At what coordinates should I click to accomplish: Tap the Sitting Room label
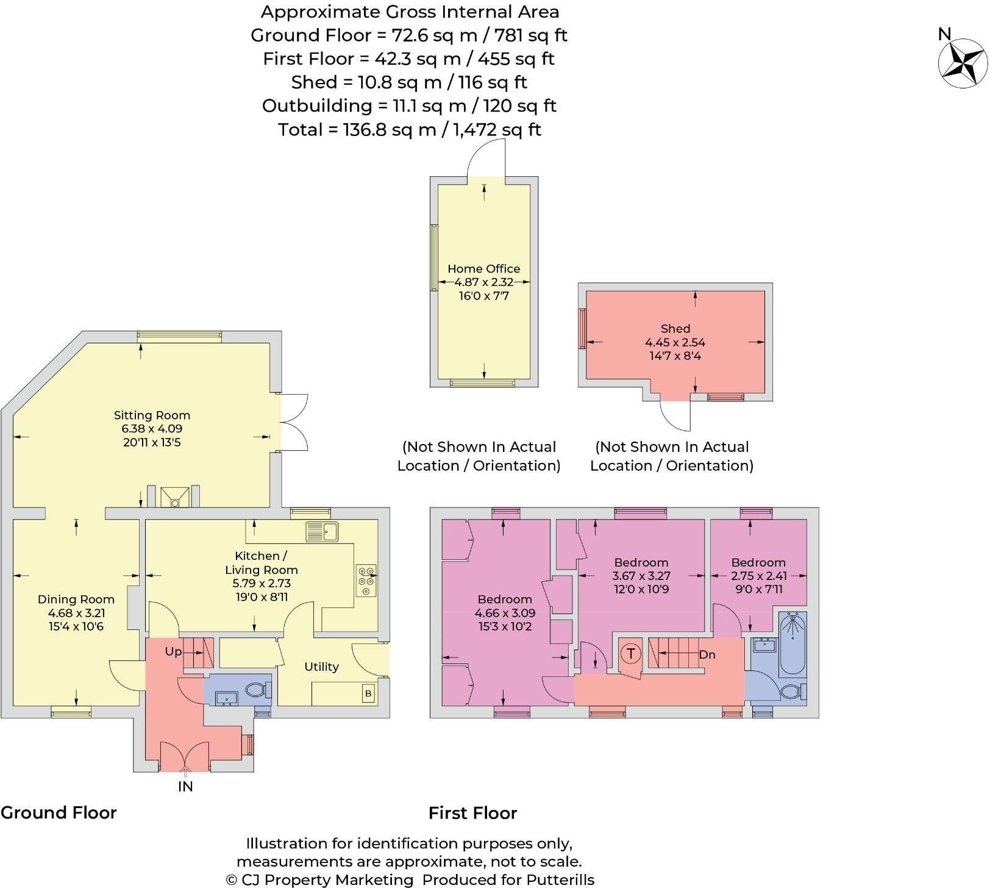(152, 415)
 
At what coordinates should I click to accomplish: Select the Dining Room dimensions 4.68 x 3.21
(76, 613)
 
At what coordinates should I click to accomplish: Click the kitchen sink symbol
(322, 531)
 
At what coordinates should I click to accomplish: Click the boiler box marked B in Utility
(368, 693)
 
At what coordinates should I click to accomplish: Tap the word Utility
(321, 667)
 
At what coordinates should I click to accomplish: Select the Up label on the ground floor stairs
(173, 652)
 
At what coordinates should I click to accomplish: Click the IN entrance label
(185, 787)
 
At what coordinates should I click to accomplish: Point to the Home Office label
(484, 269)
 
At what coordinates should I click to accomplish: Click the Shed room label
(675, 329)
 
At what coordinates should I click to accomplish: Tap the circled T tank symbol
(630, 654)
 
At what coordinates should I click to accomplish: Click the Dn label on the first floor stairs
(707, 655)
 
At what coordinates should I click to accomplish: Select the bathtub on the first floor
(792, 643)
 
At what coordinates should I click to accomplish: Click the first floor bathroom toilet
(794, 692)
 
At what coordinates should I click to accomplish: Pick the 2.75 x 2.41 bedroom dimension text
(759, 576)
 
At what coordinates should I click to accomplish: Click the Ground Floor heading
(59, 813)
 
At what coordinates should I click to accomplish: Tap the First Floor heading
(473, 813)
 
